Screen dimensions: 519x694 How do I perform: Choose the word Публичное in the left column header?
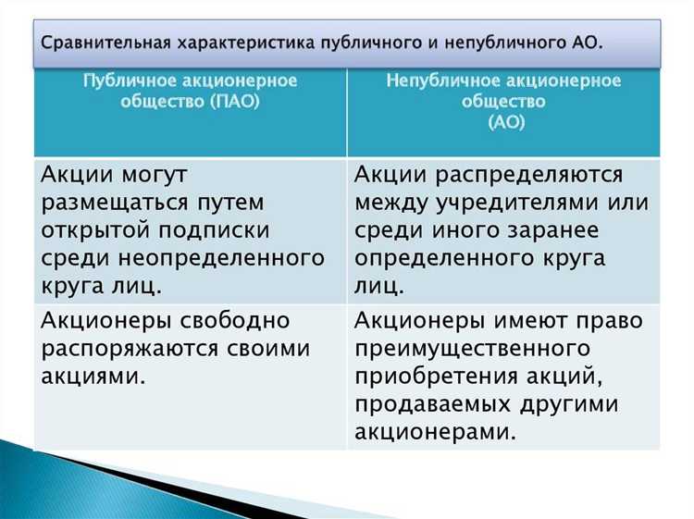(126, 80)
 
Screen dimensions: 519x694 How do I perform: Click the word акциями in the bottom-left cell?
(93, 376)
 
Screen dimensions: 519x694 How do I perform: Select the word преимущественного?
(473, 349)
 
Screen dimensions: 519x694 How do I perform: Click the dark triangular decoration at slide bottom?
(139, 486)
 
